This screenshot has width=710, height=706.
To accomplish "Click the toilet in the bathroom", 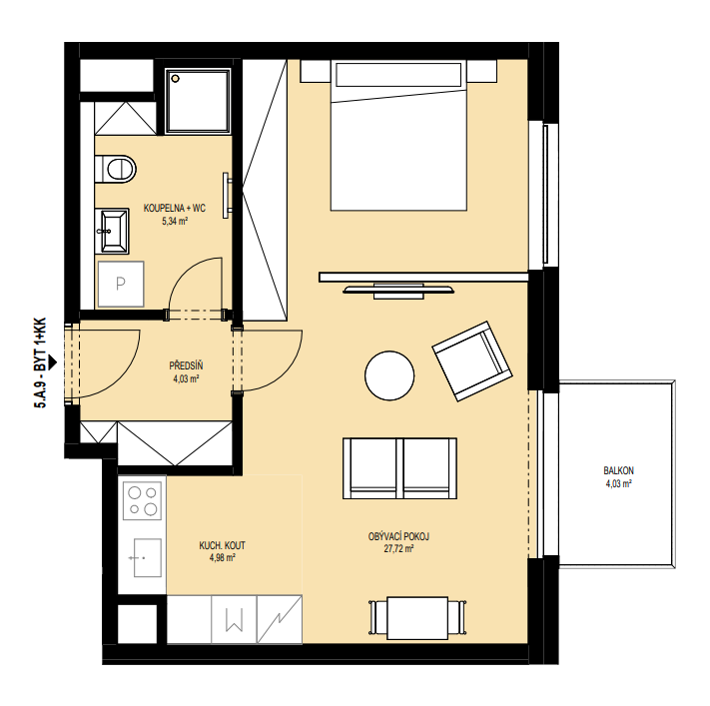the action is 116,169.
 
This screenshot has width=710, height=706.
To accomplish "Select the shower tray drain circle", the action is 175,79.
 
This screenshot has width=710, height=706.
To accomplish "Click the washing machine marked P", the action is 121,284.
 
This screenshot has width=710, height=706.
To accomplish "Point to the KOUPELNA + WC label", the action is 175,209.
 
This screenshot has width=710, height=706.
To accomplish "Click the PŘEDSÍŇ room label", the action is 186,365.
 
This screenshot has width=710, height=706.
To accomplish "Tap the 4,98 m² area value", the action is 223,558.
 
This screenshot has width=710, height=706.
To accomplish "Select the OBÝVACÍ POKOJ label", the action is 398,536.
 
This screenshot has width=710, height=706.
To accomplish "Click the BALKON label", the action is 618,471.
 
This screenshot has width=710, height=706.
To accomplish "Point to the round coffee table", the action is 389,375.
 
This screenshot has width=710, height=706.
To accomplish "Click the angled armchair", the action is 472,361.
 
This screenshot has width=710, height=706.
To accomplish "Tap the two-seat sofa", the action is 399,468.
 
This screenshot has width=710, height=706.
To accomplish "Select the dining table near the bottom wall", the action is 417,618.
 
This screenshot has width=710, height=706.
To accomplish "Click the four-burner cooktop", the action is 142,501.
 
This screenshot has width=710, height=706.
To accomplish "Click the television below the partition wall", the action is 398,291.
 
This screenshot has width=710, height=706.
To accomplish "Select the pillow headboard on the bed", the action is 398,74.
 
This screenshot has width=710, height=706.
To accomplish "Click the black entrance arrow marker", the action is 53,361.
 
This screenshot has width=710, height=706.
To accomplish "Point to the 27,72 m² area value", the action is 398,549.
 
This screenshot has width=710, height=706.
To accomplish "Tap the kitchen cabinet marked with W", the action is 234,619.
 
